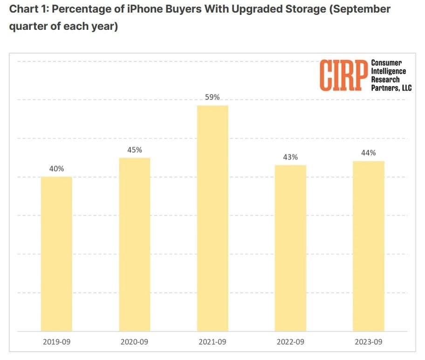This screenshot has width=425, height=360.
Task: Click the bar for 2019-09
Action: tap(56, 254)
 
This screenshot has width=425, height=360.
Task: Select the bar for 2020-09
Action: tap(135, 245)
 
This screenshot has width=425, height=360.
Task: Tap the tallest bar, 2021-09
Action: tap(212, 218)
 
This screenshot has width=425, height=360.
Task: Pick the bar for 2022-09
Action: tap(290, 248)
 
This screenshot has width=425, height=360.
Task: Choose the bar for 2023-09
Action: tap(369, 246)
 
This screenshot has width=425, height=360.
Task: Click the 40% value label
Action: tap(56, 169)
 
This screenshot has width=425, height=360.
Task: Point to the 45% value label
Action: tap(135, 150)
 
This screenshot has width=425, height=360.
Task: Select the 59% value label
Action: tap(212, 97)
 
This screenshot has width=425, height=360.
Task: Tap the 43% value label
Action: tap(290, 157)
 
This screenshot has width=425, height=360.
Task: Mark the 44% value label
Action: tap(369, 153)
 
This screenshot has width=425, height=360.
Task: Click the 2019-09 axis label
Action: tap(56, 342)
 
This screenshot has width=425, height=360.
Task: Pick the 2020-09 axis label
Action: tap(134, 342)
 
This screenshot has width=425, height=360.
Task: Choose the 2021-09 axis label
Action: tap(212, 342)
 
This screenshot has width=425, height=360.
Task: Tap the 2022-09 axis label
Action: tap(290, 342)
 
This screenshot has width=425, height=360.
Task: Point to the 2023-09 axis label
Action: tap(369, 342)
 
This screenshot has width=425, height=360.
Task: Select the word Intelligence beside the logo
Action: tap(388, 71)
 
